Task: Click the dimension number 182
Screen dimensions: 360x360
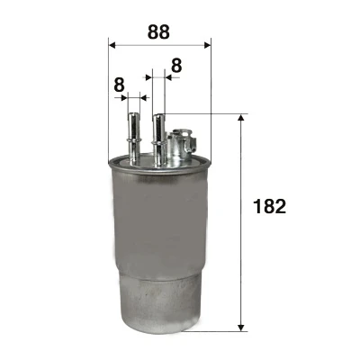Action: pos(270,207)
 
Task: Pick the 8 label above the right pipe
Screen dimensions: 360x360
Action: pos(175,66)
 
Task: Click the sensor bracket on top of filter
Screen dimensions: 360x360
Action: pos(182,144)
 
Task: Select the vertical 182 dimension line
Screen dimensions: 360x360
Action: pos(241,225)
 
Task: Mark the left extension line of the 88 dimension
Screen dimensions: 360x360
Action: pos(108,99)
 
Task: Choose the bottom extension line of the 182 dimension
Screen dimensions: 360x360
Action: pos(220,330)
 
